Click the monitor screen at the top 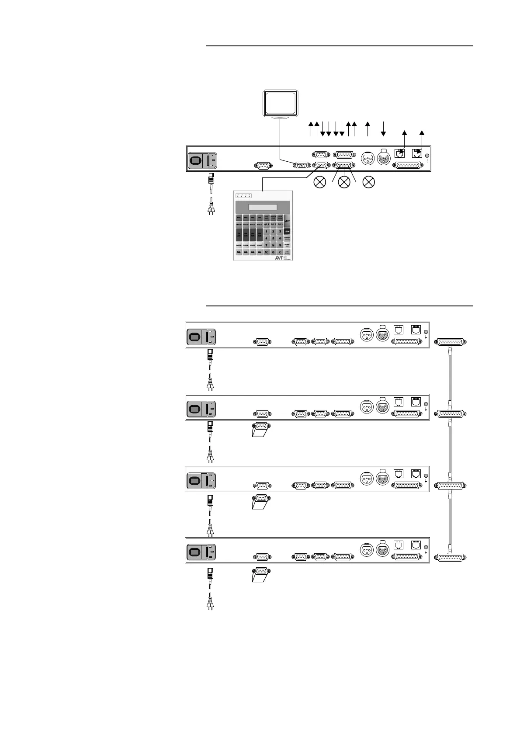(x=280, y=103)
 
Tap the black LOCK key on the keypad (x=287, y=231)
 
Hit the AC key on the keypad (x=266, y=252)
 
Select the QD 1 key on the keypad (x=266, y=224)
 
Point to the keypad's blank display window (x=262, y=207)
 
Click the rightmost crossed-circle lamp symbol (x=369, y=182)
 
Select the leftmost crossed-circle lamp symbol (x=320, y=182)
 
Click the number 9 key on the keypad (x=280, y=246)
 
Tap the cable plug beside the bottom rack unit (x=451, y=558)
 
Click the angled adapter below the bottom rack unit (x=261, y=575)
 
